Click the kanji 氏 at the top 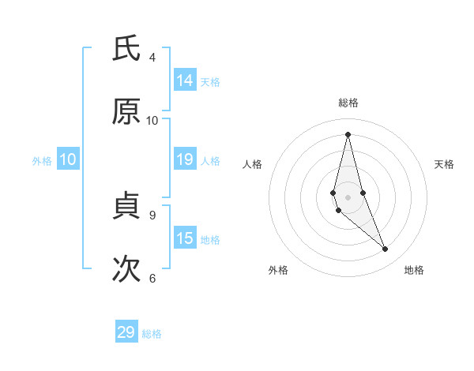pyautogui.click(x=126, y=50)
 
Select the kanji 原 pyautogui.click(x=126, y=112)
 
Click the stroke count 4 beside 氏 pyautogui.click(x=152, y=57)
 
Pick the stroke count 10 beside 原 pyautogui.click(x=152, y=120)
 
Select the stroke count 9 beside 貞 pyautogui.click(x=152, y=214)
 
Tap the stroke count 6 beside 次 pyautogui.click(x=152, y=277)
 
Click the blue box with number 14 pyautogui.click(x=185, y=81)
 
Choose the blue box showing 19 pyautogui.click(x=185, y=159)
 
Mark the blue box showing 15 pyautogui.click(x=185, y=238)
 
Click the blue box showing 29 pyautogui.click(x=126, y=332)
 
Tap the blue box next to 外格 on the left pyautogui.click(x=68, y=159)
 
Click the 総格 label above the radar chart pyautogui.click(x=348, y=103)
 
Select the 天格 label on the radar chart pyautogui.click(x=445, y=164)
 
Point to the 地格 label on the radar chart pyautogui.click(x=414, y=270)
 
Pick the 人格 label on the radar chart pyautogui.click(x=253, y=164)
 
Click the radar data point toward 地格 pyautogui.click(x=386, y=249)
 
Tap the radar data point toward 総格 pyautogui.click(x=348, y=134)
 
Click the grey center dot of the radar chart pyautogui.click(x=348, y=197)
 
